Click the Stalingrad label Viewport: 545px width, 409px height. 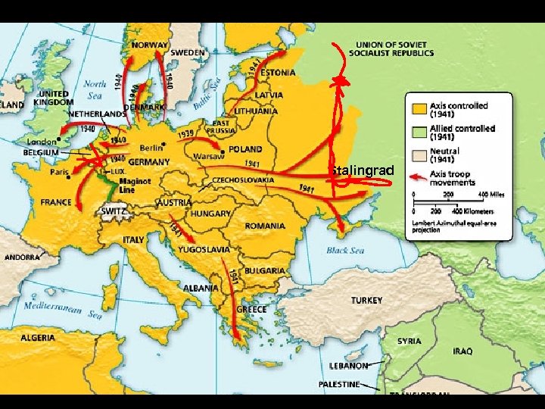tap(362, 170)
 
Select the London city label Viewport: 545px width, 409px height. tap(41, 142)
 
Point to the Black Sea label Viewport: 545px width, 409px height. tap(345, 250)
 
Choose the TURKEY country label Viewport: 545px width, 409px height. tap(366, 300)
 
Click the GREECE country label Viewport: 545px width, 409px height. tap(251, 309)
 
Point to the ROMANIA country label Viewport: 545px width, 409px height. tap(265, 226)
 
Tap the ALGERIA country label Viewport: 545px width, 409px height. tap(38, 337)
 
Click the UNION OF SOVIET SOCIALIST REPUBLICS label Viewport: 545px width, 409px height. tap(391, 49)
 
